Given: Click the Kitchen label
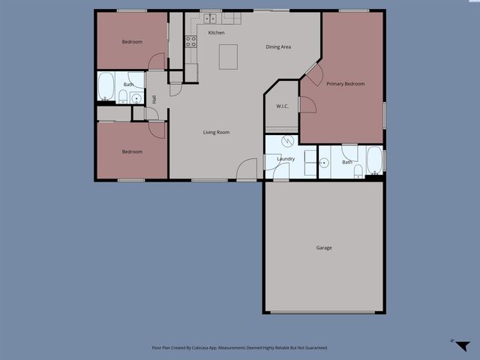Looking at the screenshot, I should [216, 33].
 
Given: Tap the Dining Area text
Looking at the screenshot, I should [278, 47].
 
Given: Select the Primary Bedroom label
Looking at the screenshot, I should [345, 84].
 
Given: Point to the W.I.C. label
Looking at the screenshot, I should [282, 106].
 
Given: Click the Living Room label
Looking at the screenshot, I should [216, 133].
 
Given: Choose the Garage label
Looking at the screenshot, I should [323, 247].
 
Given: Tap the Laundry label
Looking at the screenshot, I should [285, 159].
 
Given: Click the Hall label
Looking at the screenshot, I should [154, 100].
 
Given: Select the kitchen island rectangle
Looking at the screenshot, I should [228, 56].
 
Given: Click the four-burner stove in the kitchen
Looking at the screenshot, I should [190, 42].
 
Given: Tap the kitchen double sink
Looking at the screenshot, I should [210, 18].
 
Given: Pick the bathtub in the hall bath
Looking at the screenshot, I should [106, 87].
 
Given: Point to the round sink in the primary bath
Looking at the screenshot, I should [324, 163].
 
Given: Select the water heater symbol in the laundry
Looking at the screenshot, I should [288, 142].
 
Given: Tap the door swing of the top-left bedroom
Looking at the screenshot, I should [157, 62].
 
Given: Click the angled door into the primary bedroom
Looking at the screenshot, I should [313, 73].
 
